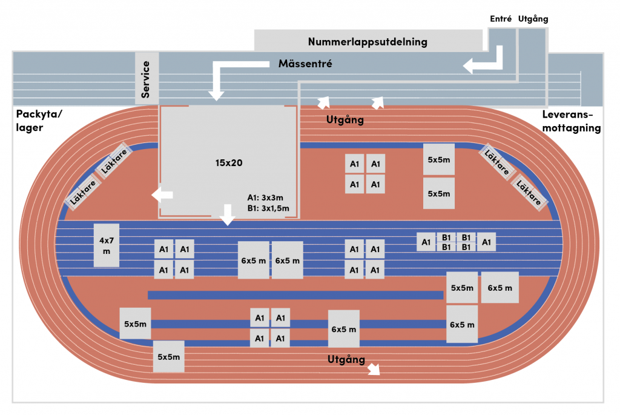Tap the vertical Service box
point(147,78)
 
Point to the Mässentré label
point(305,63)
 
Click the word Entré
point(501,19)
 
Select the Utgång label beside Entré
point(533,19)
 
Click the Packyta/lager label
point(39,121)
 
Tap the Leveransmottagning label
point(572,121)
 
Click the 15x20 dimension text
point(228,162)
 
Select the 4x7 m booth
point(107,245)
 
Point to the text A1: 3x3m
point(265,198)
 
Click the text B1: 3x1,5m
point(268,208)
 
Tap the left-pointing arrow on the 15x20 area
point(162,194)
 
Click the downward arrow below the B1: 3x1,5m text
point(228,215)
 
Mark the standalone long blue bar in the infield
point(295,295)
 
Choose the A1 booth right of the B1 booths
point(486,242)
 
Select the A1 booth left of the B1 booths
point(426,242)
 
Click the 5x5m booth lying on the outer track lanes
point(169,356)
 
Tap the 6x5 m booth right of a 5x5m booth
point(500,288)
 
